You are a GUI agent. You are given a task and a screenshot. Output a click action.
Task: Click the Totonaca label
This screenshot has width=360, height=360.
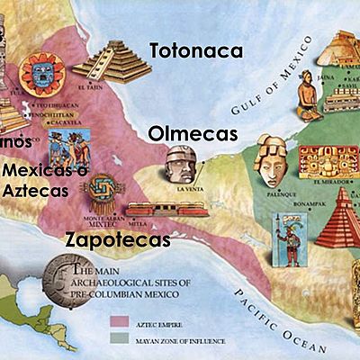[x=195, y=50]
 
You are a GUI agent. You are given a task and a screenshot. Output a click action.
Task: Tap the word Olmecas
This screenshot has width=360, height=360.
[x=193, y=134]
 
